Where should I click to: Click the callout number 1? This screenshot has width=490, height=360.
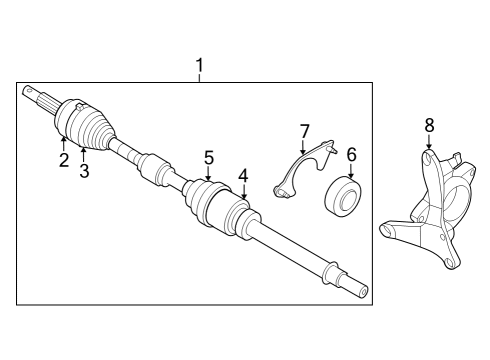pos(200,67)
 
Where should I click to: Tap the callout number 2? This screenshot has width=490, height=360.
pos(63,160)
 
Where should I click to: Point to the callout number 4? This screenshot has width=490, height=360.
pos(243,176)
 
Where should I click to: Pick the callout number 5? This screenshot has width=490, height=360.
pos(209,157)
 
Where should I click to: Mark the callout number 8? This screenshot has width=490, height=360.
pos(429,125)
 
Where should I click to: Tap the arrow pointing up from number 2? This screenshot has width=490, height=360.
pos(63,143)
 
